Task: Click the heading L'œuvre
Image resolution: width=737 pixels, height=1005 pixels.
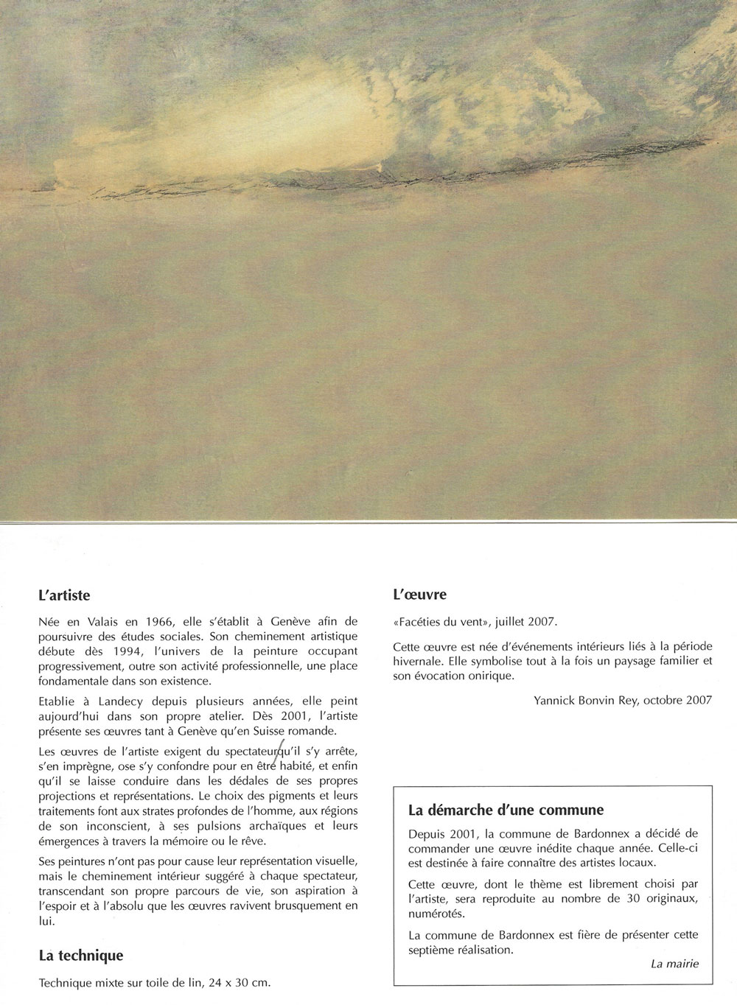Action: click(x=419, y=595)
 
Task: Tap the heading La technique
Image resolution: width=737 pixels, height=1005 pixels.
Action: click(x=81, y=956)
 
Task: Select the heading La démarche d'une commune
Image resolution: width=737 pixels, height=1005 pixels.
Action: click(x=506, y=810)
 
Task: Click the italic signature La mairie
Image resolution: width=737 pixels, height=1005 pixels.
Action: click(x=675, y=964)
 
